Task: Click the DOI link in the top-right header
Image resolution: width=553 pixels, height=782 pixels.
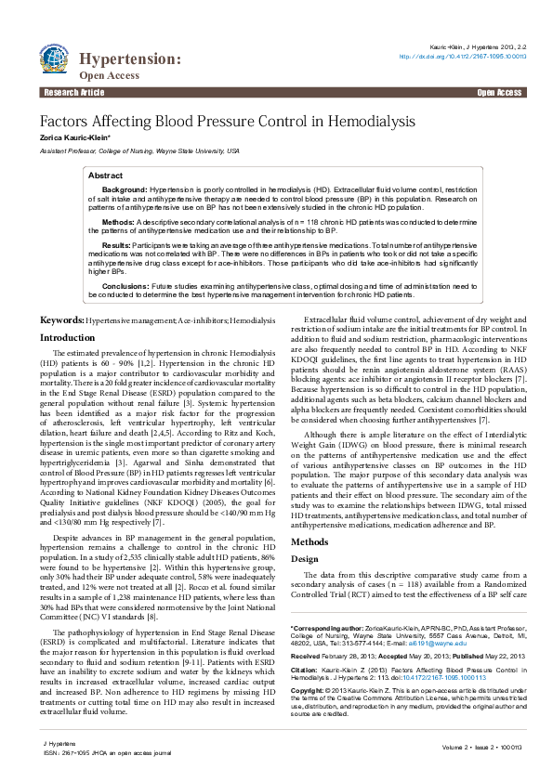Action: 462,56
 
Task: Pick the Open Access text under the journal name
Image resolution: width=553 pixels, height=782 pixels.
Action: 102,75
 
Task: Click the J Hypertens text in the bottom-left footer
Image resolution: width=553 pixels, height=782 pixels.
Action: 58,745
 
